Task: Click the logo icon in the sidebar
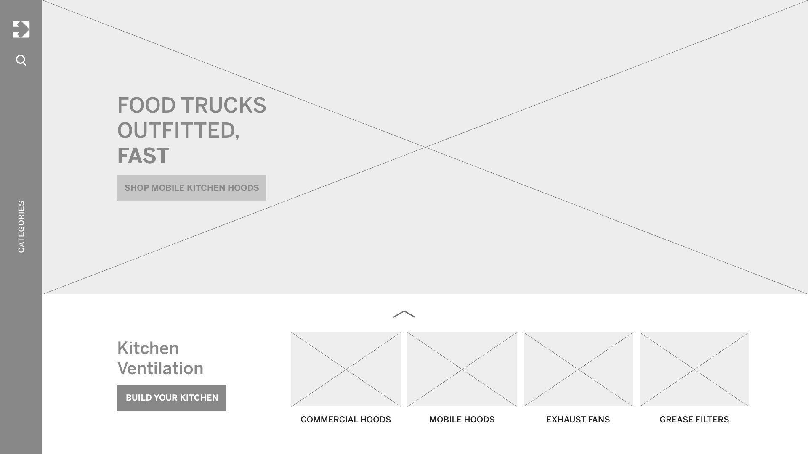(x=21, y=29)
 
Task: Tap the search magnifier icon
(x=21, y=60)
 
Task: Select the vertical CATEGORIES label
(x=21, y=227)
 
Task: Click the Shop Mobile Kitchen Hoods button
(x=191, y=188)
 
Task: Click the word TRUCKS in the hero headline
(x=223, y=105)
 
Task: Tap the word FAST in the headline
(x=143, y=156)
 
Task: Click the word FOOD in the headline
(x=146, y=105)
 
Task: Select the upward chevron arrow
(x=404, y=314)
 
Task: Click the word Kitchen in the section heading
(x=148, y=348)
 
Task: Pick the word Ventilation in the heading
(x=160, y=368)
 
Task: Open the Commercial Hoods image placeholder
(x=346, y=369)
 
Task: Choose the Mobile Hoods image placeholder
(x=462, y=369)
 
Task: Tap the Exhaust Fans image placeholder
(x=578, y=369)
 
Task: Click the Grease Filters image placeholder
(x=694, y=369)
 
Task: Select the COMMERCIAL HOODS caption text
(x=346, y=420)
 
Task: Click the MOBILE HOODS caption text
(x=462, y=420)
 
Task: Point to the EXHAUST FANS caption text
(x=578, y=420)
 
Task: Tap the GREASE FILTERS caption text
(x=694, y=420)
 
